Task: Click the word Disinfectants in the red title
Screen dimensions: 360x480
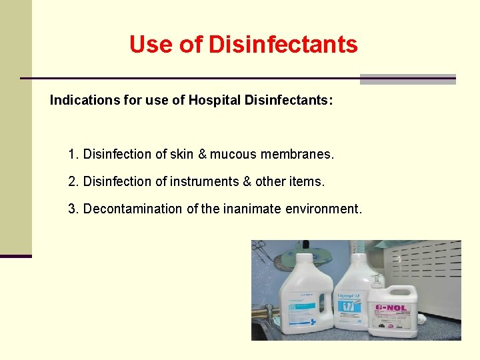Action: (283, 45)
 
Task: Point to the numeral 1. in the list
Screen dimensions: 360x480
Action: (73, 155)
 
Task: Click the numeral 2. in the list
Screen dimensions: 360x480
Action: (73, 181)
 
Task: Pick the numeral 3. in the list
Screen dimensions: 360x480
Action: (73, 209)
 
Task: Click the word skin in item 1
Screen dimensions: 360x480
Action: (181, 155)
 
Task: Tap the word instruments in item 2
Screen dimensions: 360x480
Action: (204, 181)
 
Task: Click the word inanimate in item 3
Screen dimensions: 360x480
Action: (252, 209)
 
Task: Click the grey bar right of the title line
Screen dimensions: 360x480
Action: (407, 79)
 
